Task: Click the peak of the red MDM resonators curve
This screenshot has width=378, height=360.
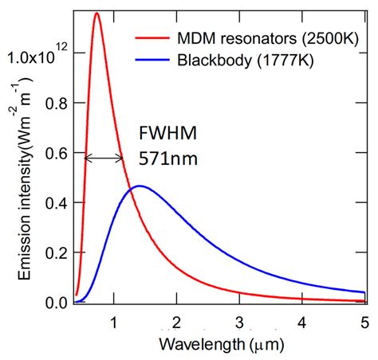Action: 96,14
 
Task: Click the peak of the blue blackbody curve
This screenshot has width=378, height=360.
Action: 139,186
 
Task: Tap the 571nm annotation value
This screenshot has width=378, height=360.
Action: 168,158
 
